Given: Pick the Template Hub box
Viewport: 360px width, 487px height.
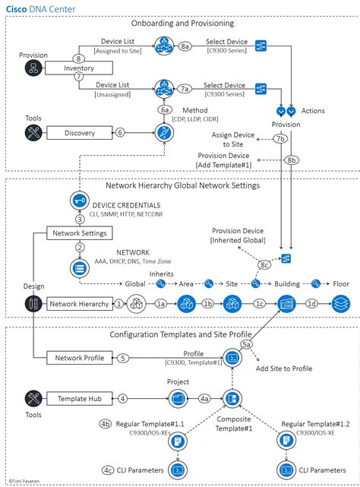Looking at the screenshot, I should (x=80, y=397).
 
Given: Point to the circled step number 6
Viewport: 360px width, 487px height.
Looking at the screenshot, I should (x=120, y=133).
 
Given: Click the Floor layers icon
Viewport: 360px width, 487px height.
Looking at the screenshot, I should (x=341, y=304).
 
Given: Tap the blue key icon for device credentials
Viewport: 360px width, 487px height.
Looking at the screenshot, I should (x=79, y=200).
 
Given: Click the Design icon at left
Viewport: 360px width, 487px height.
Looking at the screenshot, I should (x=33, y=304).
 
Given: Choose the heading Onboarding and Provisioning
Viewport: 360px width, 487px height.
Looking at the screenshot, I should (x=180, y=24).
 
